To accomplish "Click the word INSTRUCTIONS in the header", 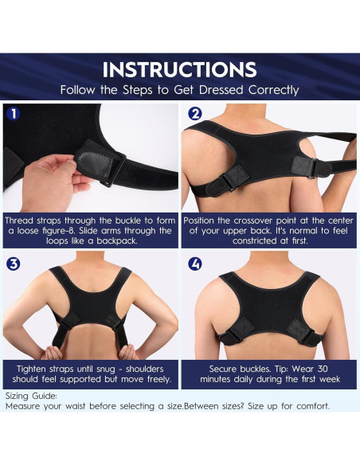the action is pyautogui.click(x=180, y=70).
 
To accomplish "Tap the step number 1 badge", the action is pyautogui.click(x=13, y=114).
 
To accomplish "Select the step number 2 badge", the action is pyautogui.click(x=195, y=114).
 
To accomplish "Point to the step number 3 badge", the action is pyautogui.click(x=13, y=264).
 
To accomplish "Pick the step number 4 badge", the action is pyautogui.click(x=195, y=264).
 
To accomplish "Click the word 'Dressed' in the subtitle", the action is pyautogui.click(x=221, y=90).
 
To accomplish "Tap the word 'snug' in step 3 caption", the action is pyautogui.click(x=106, y=369).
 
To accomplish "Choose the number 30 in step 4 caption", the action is pyautogui.click(x=323, y=369).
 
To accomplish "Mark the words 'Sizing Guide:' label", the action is pyautogui.click(x=31, y=397).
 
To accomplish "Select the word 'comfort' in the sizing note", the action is pyautogui.click(x=312, y=406).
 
